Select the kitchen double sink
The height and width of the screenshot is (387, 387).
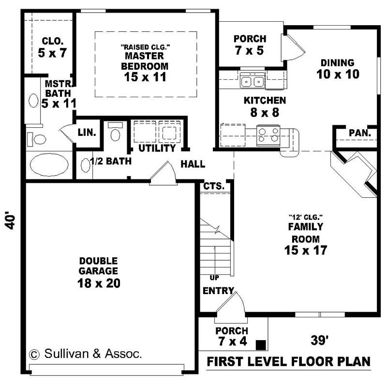253,81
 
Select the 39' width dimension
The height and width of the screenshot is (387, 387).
319,341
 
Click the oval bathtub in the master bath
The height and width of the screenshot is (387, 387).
49,165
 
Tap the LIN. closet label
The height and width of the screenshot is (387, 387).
88,132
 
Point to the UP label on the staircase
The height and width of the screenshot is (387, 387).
213,278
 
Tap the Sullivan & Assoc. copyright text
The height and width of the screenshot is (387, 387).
86,354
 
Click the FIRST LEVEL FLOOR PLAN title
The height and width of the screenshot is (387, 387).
289,361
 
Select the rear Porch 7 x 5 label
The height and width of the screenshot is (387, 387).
249,44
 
